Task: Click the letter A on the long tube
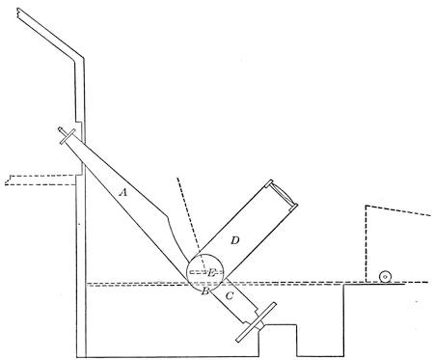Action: (x=123, y=193)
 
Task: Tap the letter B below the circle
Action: (x=205, y=291)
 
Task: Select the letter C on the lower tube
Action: (x=230, y=295)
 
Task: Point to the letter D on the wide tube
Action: (x=235, y=240)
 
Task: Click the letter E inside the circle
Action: (x=211, y=273)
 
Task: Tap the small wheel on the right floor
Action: (x=385, y=277)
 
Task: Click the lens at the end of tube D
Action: (x=284, y=193)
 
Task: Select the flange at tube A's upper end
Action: (x=68, y=136)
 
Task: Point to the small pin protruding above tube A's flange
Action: (x=61, y=130)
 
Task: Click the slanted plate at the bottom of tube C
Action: (x=257, y=322)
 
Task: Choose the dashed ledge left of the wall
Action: (x=41, y=180)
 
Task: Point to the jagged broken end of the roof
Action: (x=19, y=13)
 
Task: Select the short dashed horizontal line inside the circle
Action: (x=205, y=272)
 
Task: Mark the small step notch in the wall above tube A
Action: (x=78, y=122)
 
